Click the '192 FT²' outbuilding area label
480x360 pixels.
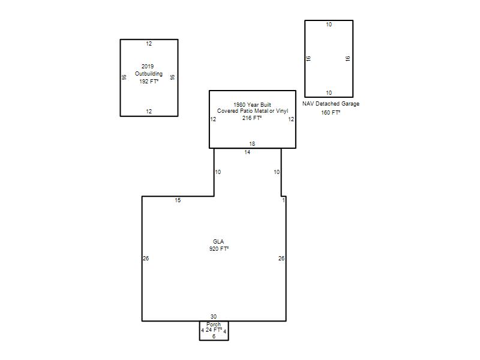coord(149,82)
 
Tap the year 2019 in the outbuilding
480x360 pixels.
coord(148,67)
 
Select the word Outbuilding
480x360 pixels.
coord(149,74)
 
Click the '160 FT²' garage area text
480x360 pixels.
coord(331,113)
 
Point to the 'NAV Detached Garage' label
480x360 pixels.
coord(331,104)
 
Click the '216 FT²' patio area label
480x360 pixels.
coord(252,118)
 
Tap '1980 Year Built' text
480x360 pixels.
coord(252,104)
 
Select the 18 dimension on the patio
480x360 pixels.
coord(252,144)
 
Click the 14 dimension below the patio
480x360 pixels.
coord(247,152)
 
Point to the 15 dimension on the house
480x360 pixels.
coord(178,200)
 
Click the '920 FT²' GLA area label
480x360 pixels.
coord(219,249)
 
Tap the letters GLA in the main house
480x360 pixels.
coord(218,242)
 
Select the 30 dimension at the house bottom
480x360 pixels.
coord(214,317)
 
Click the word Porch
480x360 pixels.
coord(214,324)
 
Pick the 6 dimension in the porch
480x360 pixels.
coord(214,337)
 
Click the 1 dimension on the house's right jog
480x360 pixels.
coord(283,200)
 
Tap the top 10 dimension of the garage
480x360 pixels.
coord(329,25)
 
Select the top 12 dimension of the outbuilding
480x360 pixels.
coord(149,44)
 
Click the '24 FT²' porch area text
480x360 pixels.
coord(214,330)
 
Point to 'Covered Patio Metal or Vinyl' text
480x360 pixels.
coord(253,111)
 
